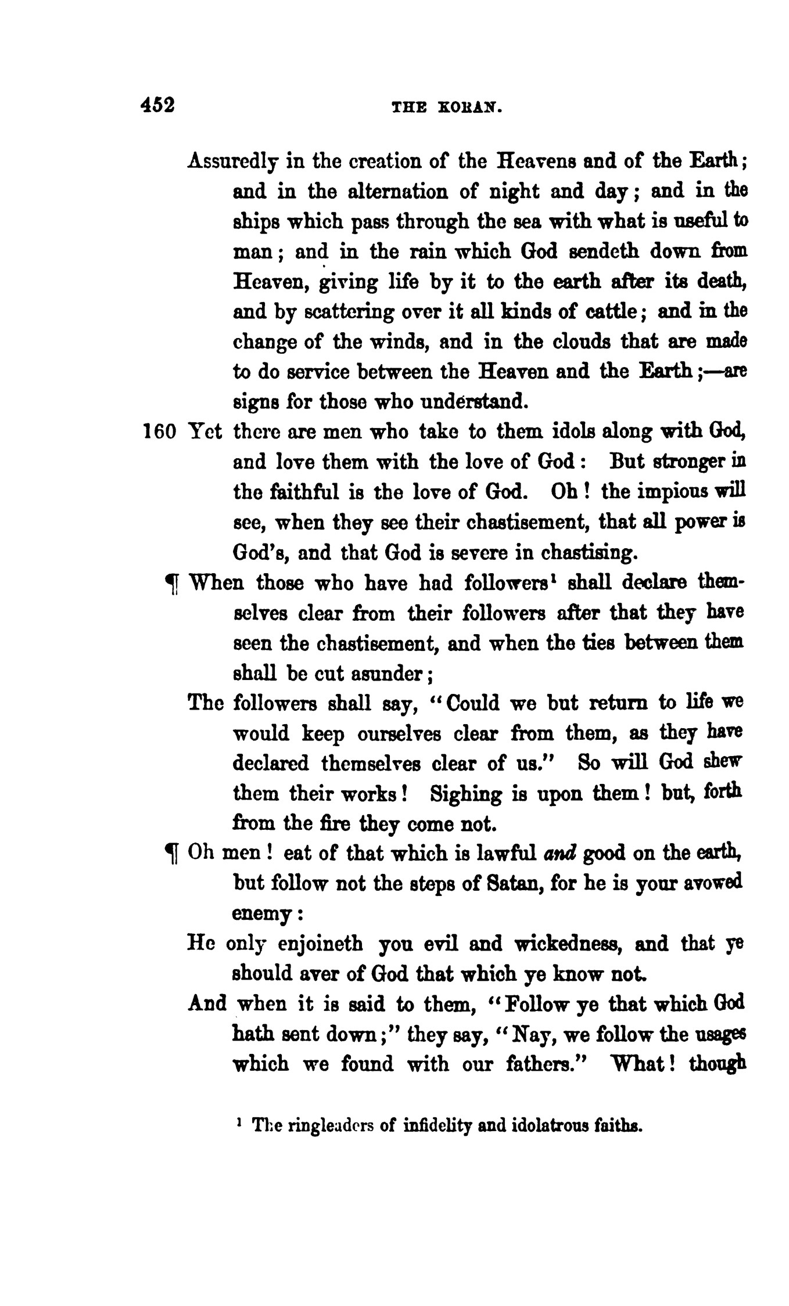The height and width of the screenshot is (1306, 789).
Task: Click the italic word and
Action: (x=560, y=854)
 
